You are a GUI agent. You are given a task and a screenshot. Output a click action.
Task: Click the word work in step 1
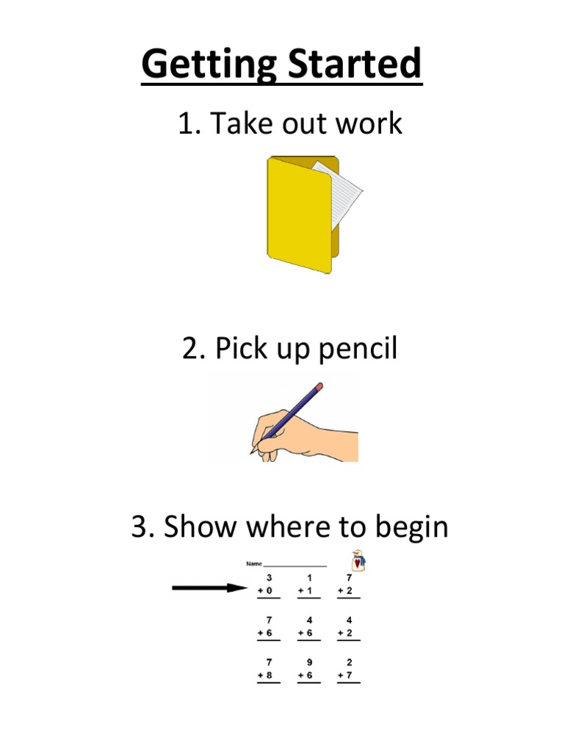[369, 123]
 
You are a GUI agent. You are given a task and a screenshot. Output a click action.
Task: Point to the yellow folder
[300, 216]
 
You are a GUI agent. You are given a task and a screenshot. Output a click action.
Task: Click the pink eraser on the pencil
[319, 386]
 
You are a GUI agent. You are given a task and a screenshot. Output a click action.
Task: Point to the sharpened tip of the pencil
[251, 452]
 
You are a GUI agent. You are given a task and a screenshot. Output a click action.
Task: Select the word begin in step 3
[411, 528]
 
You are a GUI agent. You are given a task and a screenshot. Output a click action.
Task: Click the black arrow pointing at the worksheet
[209, 587]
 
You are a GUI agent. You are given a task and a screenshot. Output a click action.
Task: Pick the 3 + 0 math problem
[268, 585]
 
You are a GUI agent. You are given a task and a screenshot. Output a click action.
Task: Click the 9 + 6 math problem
[308, 670]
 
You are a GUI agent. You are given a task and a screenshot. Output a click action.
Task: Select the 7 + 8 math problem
[268, 670]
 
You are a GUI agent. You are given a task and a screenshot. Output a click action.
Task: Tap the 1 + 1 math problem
[308, 585]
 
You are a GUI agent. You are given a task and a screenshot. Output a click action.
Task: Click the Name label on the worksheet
[253, 563]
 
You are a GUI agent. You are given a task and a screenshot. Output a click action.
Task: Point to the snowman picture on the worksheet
[358, 560]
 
